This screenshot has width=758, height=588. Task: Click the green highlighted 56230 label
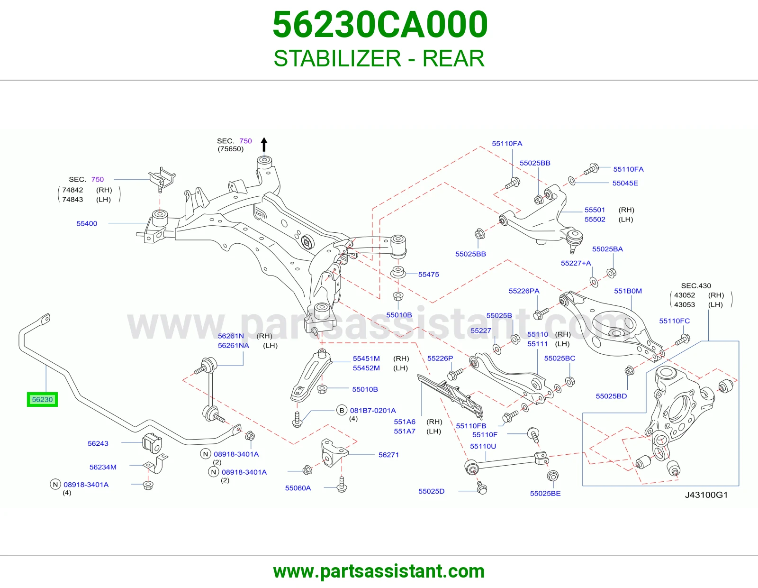[x=42, y=399]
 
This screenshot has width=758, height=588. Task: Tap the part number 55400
[x=87, y=223]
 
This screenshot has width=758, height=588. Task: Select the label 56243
[x=98, y=443]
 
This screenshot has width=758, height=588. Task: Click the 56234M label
[x=103, y=467]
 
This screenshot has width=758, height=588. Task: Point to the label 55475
[x=429, y=275]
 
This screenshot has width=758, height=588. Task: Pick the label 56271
[x=388, y=455]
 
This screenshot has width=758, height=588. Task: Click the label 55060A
[x=298, y=488]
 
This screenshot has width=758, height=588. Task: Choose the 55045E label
[x=625, y=183]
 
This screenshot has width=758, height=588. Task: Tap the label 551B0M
[x=628, y=291]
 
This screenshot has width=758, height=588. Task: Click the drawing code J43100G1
[x=706, y=495]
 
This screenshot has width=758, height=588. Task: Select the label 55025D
[x=432, y=491]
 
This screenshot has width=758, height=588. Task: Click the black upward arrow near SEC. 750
[x=264, y=145]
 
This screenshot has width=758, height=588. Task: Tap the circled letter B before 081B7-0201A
[x=342, y=411]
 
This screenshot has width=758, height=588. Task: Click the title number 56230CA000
[x=380, y=25]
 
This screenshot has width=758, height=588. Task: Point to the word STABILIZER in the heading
[x=337, y=58]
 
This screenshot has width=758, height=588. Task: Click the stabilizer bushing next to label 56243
[x=153, y=443]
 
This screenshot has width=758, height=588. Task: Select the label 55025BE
[x=545, y=493]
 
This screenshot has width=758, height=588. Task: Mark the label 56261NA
[x=234, y=345]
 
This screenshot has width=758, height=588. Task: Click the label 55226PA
[x=524, y=291]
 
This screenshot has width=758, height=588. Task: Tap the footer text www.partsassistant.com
[x=379, y=571]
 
